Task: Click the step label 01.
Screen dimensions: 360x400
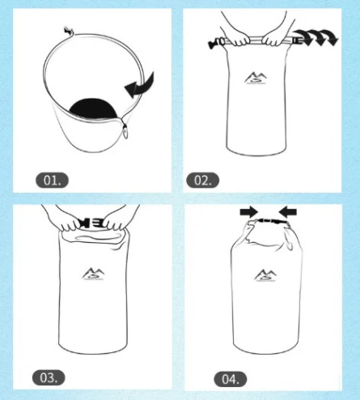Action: tap(52, 180)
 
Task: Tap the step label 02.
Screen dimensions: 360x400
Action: tap(202, 180)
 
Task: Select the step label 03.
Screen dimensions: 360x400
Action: tap(49, 377)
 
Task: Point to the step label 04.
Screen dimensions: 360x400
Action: tap(231, 379)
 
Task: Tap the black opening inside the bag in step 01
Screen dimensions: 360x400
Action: tap(93, 109)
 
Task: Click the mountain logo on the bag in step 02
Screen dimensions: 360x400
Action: tap(256, 78)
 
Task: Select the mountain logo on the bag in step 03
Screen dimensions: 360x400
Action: tap(93, 274)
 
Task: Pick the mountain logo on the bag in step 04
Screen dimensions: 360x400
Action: tap(265, 275)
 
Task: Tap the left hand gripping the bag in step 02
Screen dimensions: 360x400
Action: tap(237, 38)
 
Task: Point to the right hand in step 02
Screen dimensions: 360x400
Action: tap(278, 37)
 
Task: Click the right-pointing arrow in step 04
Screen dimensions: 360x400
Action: tap(249, 212)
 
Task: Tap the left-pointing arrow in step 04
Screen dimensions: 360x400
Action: tap(288, 212)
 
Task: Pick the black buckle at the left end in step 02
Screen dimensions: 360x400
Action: tap(216, 43)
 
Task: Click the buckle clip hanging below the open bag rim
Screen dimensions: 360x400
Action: tap(125, 131)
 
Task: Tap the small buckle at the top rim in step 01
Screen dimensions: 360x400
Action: tap(69, 32)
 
